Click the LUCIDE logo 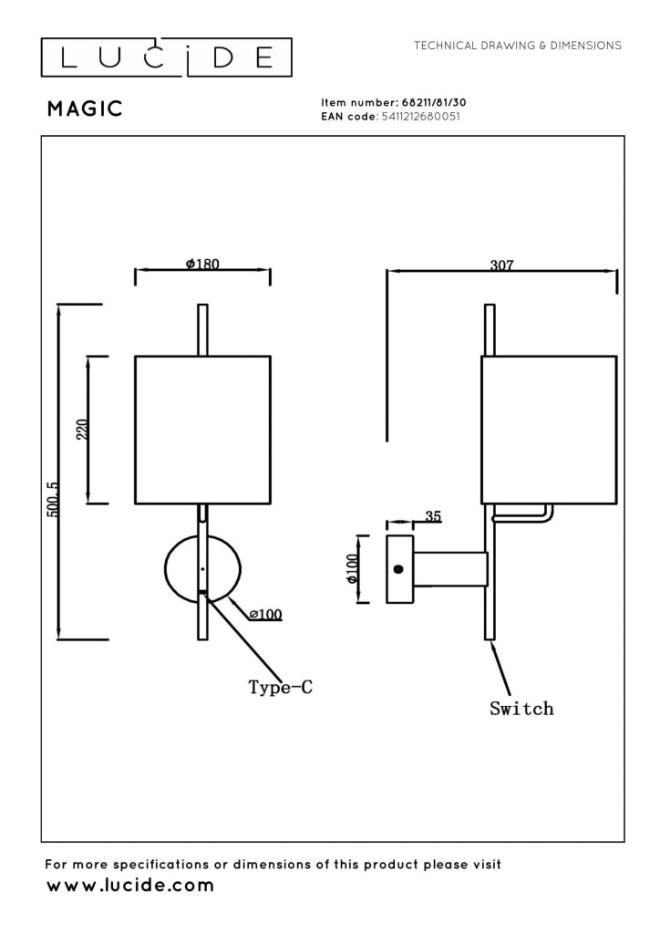[x=166, y=57]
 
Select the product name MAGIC [x=85, y=109]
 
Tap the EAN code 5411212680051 [x=420, y=117]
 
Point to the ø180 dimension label [x=202, y=264]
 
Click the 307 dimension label [x=501, y=265]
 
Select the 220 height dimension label [x=83, y=430]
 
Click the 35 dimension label [x=433, y=516]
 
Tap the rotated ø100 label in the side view [x=352, y=569]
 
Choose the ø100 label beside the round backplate [x=266, y=614]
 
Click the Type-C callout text [x=280, y=688]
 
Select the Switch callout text [x=521, y=708]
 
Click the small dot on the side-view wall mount [x=398, y=569]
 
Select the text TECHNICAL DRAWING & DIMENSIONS [x=518, y=46]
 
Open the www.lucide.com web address [x=130, y=885]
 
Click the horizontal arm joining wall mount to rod [x=451, y=569]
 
